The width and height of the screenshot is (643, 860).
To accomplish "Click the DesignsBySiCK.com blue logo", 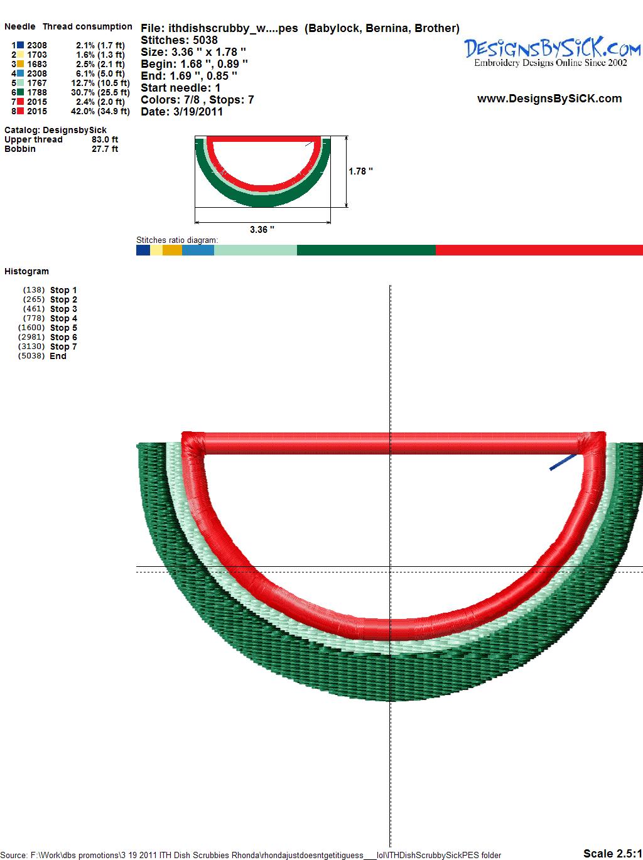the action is click(x=552, y=53).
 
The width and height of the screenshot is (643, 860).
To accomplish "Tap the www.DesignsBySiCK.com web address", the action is click(x=549, y=99).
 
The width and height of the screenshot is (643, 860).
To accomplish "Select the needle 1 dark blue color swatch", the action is click(x=20, y=45).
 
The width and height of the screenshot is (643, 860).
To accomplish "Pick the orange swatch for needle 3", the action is click(x=20, y=64).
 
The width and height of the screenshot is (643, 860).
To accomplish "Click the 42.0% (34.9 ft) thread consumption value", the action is click(x=100, y=111).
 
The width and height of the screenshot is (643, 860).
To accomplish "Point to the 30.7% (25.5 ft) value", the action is click(x=100, y=92).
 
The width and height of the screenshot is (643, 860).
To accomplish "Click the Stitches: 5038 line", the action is click(x=179, y=40).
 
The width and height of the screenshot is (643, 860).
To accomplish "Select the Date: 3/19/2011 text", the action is click(x=181, y=112).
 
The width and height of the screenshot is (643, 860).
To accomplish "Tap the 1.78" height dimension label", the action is click(x=360, y=171).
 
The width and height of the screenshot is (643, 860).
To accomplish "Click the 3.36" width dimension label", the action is click(x=262, y=229).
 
